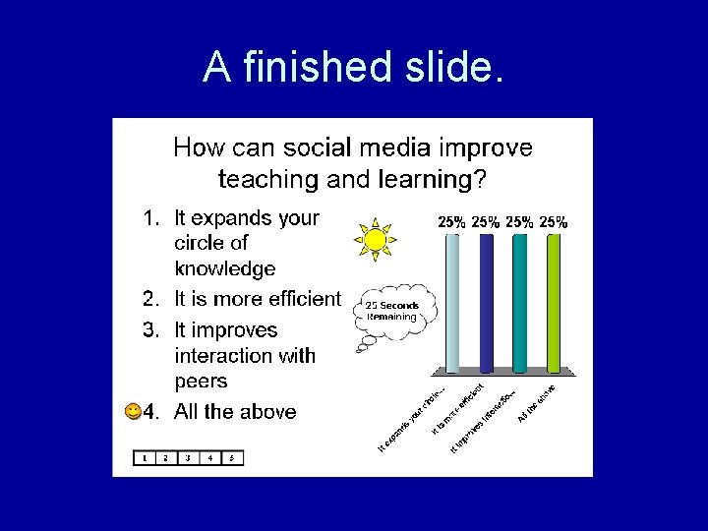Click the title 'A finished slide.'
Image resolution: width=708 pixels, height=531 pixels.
pyautogui.click(x=353, y=67)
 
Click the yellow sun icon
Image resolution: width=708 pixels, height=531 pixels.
pyautogui.click(x=375, y=239)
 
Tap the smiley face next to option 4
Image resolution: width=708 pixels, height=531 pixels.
pyautogui.click(x=133, y=412)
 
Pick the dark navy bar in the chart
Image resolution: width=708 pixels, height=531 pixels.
pyautogui.click(x=486, y=303)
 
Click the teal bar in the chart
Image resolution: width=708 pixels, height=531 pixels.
pyautogui.click(x=519, y=303)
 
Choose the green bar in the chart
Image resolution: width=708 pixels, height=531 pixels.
pyautogui.click(x=554, y=303)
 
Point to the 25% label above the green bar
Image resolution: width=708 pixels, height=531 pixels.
pyautogui.click(x=554, y=222)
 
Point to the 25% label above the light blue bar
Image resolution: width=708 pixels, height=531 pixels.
pyautogui.click(x=451, y=222)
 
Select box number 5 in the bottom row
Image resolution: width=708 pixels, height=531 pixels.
pyautogui.click(x=232, y=457)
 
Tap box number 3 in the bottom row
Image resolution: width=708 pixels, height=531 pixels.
pyautogui.click(x=188, y=457)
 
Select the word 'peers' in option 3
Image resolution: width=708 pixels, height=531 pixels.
pyautogui.click(x=201, y=382)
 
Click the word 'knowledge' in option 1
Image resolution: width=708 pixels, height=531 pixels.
pyautogui.click(x=225, y=268)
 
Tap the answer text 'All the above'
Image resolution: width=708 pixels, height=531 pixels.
pyautogui.click(x=235, y=412)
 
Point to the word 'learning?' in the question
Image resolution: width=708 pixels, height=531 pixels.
pyautogui.click(x=439, y=180)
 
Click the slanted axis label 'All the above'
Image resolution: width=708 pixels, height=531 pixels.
pyautogui.click(x=537, y=403)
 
